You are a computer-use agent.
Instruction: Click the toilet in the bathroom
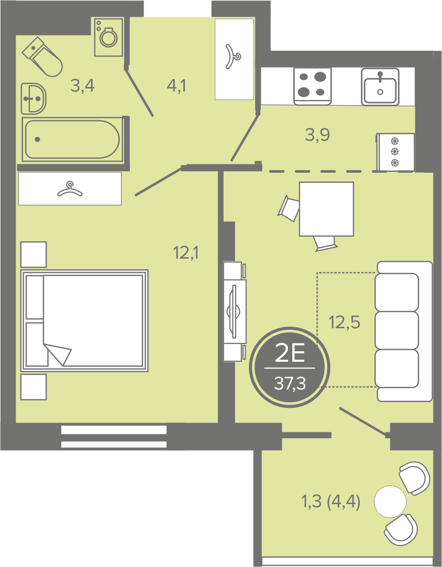point(42,57)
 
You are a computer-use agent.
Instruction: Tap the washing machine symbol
point(108,37)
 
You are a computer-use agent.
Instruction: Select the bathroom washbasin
point(34,98)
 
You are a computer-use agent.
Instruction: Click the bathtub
point(72,139)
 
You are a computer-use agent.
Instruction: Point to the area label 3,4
point(82,86)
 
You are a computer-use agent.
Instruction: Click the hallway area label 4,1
point(176,86)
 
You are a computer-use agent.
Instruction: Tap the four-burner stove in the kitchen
point(313,86)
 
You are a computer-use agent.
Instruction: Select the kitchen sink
point(380,87)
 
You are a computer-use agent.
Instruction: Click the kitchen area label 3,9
point(317,135)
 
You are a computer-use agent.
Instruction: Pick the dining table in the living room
point(326,209)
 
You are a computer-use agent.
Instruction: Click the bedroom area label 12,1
point(186,253)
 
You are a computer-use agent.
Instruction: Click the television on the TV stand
point(234,312)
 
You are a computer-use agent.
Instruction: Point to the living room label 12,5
point(345,322)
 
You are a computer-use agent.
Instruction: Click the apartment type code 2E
point(290,353)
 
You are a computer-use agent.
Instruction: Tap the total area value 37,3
point(290,383)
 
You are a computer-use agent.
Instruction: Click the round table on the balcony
point(390,501)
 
